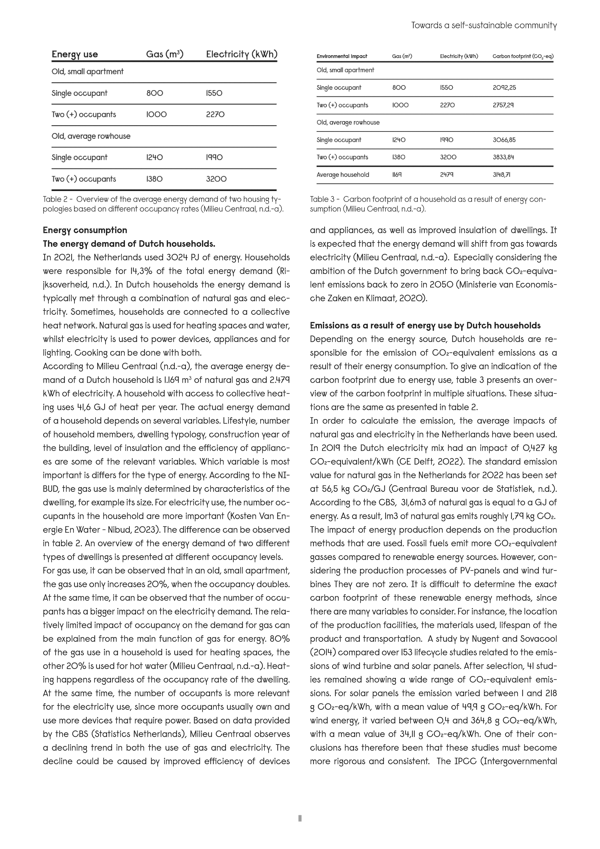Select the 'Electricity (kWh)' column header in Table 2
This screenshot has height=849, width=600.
click(241, 54)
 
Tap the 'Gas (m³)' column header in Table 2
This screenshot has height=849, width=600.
click(165, 54)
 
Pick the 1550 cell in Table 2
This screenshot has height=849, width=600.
click(214, 93)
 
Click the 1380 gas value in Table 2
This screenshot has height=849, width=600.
click(154, 179)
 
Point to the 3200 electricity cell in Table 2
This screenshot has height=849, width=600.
click(216, 179)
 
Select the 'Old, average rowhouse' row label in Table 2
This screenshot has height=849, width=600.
click(91, 136)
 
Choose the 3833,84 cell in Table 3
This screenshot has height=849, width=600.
click(503, 157)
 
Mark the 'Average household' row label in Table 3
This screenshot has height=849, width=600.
click(343, 174)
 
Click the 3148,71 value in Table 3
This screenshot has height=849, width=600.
click(501, 174)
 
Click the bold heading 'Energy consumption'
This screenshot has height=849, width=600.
click(85, 230)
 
